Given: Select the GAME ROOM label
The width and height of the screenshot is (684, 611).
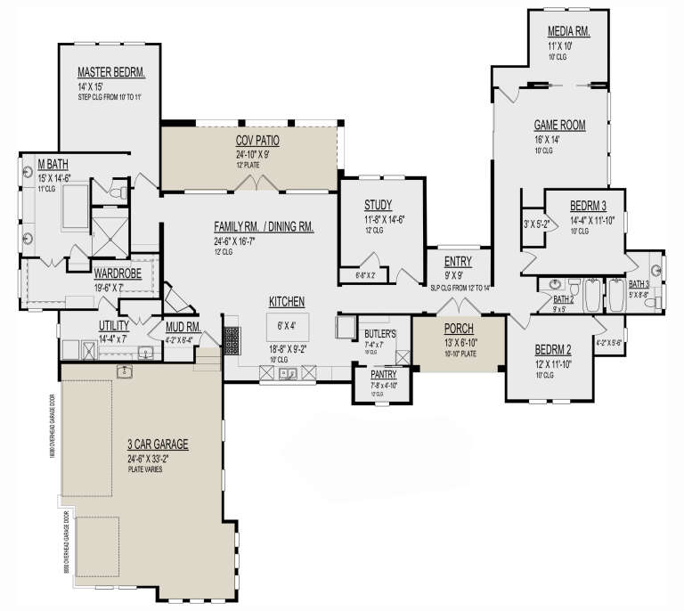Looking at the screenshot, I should point(559,126).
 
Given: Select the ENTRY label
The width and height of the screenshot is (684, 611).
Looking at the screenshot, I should point(458,262).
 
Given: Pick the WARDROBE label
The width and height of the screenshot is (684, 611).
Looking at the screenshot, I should point(118,275).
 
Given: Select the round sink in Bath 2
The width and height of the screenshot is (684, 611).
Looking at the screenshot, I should point(557,287).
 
